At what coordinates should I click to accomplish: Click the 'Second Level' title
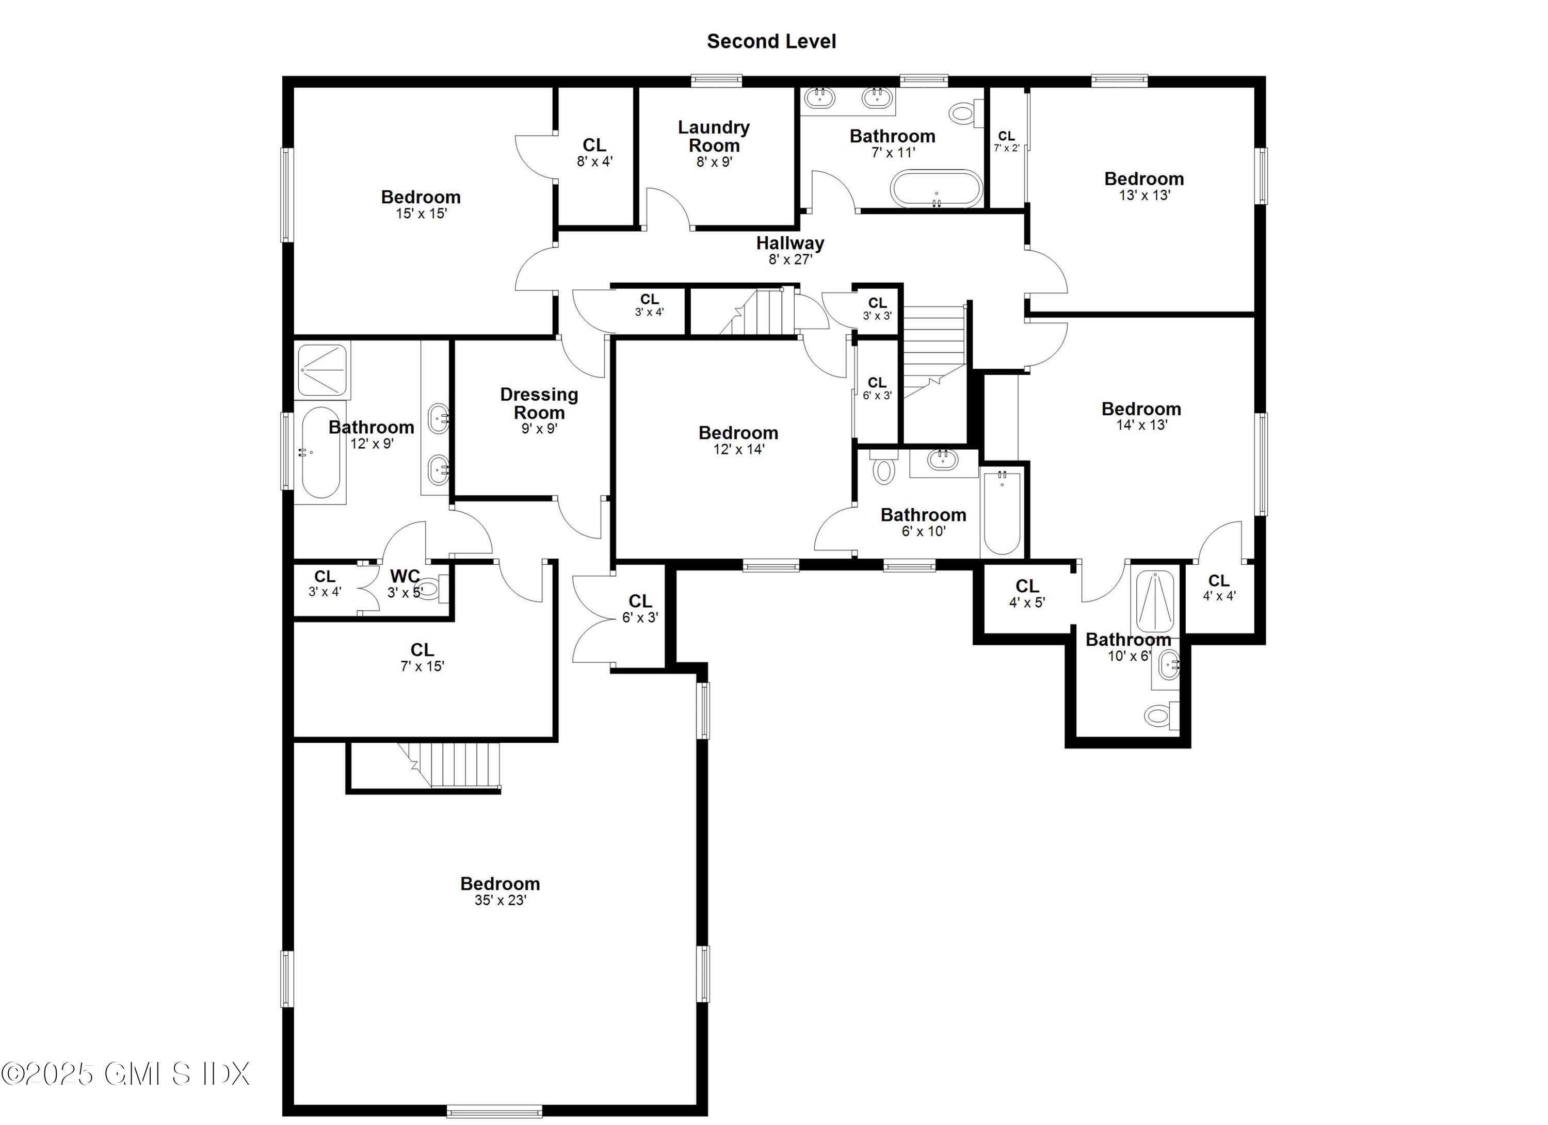point(771,42)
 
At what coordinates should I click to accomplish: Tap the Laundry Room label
point(714,137)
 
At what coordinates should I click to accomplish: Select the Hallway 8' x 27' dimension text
point(791,260)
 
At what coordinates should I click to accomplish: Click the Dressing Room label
point(539,403)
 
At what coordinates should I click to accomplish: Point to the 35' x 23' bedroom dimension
point(501,901)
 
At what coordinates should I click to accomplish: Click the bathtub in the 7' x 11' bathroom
point(937,188)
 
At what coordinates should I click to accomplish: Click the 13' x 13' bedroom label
point(1144,179)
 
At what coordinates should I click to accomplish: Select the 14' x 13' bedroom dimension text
point(1141,425)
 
